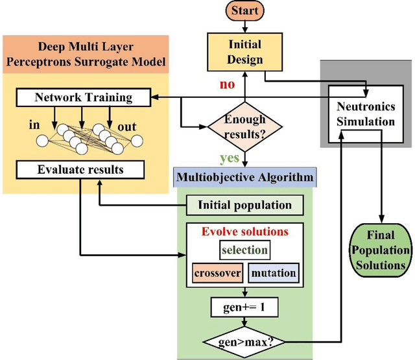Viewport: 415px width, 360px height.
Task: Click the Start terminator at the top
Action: (245, 10)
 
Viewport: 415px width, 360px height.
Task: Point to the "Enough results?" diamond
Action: (244, 123)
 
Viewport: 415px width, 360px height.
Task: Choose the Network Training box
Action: (83, 97)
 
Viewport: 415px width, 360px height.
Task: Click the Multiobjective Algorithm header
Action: (244, 176)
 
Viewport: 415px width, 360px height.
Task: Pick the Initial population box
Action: (244, 206)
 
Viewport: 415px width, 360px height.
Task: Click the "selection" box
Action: (244, 250)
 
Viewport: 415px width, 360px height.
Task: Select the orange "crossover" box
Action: (217, 272)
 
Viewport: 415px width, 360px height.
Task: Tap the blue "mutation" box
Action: (273, 272)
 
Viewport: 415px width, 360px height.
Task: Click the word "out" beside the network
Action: (128, 126)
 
